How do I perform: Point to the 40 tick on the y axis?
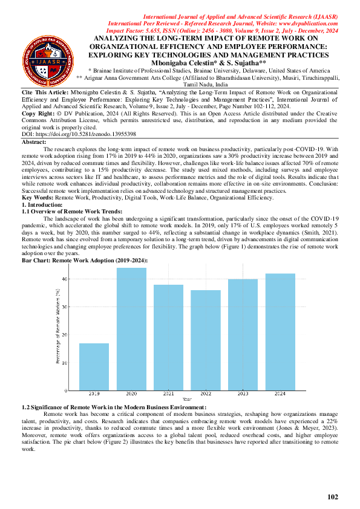[x=67, y=278]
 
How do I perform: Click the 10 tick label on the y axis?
[x=67, y=362]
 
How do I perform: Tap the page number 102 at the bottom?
[x=332, y=497]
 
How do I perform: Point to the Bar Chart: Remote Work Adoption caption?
[x=85, y=259]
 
